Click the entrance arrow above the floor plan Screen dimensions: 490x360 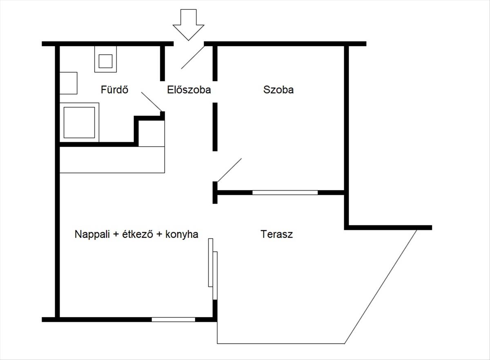click(x=188, y=25)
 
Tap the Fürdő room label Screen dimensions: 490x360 click(x=114, y=89)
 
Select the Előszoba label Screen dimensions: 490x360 click(x=189, y=90)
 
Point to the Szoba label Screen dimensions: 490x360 click(x=278, y=90)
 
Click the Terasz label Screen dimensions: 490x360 click(x=276, y=234)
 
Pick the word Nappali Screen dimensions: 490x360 click(x=92, y=234)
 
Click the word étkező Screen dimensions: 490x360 click(x=137, y=234)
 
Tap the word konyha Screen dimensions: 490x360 click(x=182, y=234)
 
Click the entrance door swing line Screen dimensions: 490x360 click(x=193, y=58)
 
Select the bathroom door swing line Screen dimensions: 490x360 click(x=151, y=102)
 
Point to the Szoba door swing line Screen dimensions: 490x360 click(x=229, y=170)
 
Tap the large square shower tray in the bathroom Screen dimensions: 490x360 click(x=79, y=122)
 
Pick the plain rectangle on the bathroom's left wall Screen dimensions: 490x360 click(x=68, y=83)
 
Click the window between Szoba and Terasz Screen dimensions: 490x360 click(x=285, y=193)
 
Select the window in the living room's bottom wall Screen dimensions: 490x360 click(x=173, y=320)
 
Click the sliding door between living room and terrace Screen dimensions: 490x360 click(x=213, y=269)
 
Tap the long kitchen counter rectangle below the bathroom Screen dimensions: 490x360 click(x=112, y=160)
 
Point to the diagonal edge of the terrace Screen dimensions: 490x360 click(x=381, y=287)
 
